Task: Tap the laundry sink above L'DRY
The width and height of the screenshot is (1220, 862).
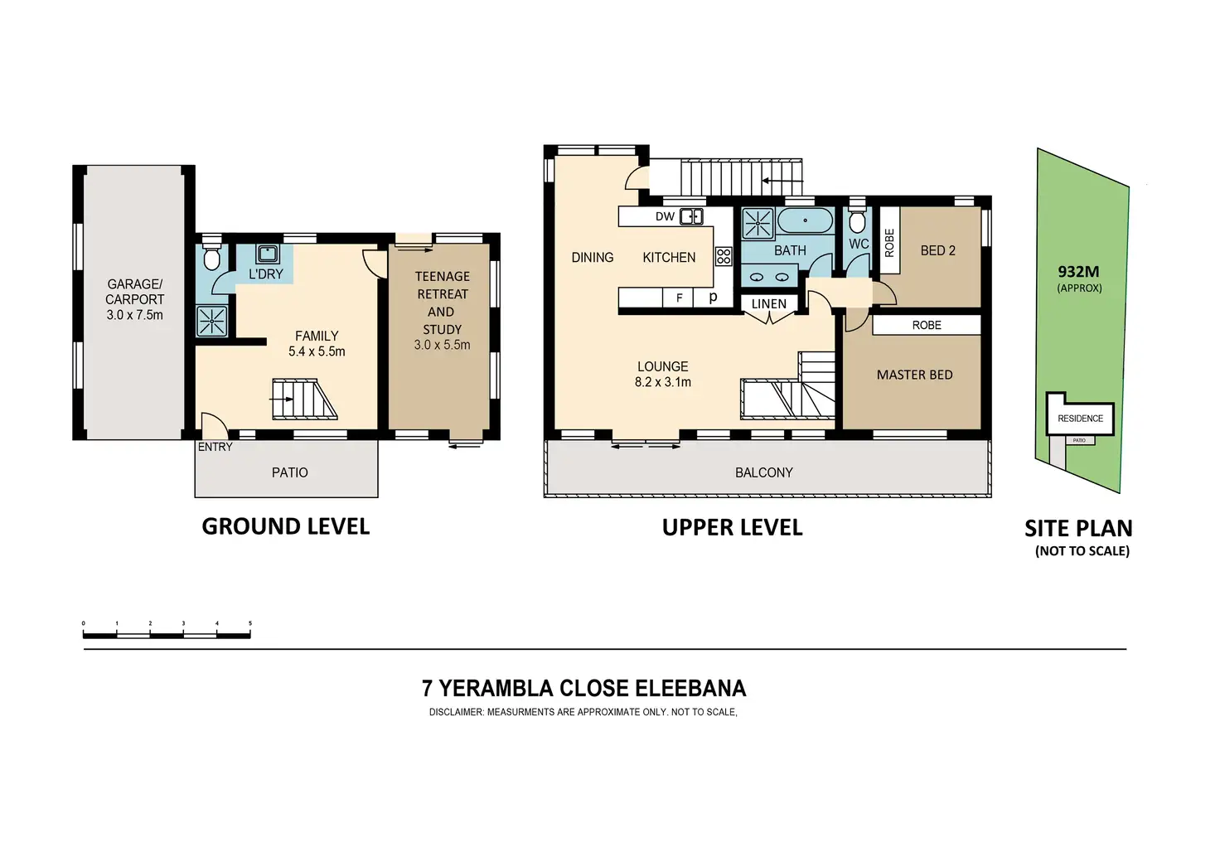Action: click(267, 254)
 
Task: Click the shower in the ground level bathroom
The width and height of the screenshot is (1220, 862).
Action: click(211, 322)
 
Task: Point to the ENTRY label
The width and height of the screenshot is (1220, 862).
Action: click(215, 447)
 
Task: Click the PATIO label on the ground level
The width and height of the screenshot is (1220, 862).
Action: click(290, 472)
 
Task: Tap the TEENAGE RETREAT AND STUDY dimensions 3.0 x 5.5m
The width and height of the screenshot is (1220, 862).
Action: click(442, 346)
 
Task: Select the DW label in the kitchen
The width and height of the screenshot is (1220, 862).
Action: click(665, 216)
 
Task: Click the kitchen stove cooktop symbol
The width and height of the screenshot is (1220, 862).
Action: click(724, 256)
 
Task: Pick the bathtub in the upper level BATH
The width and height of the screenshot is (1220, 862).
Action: click(805, 220)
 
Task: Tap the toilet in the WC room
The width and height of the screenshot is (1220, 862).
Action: click(857, 219)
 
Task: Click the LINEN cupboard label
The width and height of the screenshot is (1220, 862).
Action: click(769, 304)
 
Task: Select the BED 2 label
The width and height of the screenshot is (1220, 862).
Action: click(938, 251)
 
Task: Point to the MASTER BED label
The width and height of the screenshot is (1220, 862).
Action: click(914, 375)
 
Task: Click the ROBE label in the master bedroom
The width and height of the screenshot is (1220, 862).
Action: click(927, 326)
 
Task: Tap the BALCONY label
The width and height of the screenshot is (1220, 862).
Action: click(763, 472)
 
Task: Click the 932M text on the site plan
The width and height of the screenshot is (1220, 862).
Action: click(1078, 271)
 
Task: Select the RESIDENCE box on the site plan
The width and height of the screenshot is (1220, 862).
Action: click(1080, 419)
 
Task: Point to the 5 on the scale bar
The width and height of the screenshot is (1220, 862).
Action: click(250, 623)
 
